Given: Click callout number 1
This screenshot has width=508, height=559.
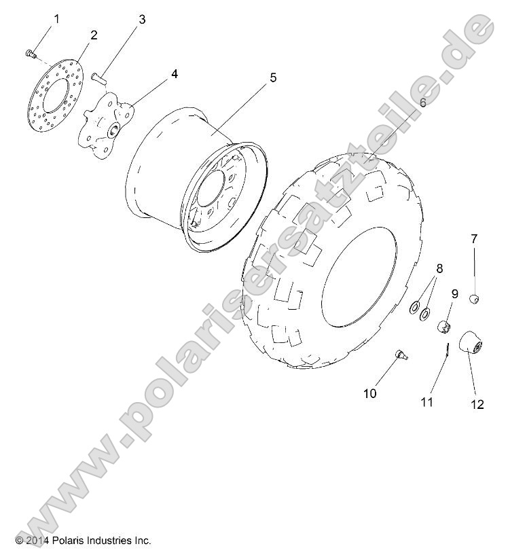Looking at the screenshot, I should coord(56,19).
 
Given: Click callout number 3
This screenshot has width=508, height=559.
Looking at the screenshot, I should coord(142,20).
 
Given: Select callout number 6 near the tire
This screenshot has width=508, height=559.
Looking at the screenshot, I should coord(422,103).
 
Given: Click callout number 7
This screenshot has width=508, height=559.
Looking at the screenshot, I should coord(474,238).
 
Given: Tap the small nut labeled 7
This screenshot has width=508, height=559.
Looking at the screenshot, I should coord(475,297).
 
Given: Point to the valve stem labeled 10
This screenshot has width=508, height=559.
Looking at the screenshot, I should coord(401,353).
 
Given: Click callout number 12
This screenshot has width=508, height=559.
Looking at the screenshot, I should coord(477,405).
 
